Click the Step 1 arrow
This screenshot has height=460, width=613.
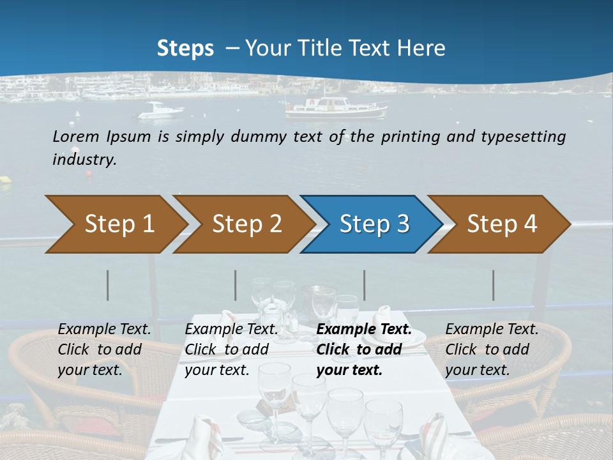115,224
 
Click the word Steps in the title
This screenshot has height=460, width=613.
185,48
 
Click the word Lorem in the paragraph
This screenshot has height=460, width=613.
76,136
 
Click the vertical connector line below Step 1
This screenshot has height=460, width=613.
108,285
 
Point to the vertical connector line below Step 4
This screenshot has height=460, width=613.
494,285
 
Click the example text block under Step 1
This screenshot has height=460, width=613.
105,349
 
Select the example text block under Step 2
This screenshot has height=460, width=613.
231,349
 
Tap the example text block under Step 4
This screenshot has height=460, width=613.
492,349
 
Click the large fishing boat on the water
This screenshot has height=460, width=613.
337,108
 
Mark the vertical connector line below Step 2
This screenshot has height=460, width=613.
236,285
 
